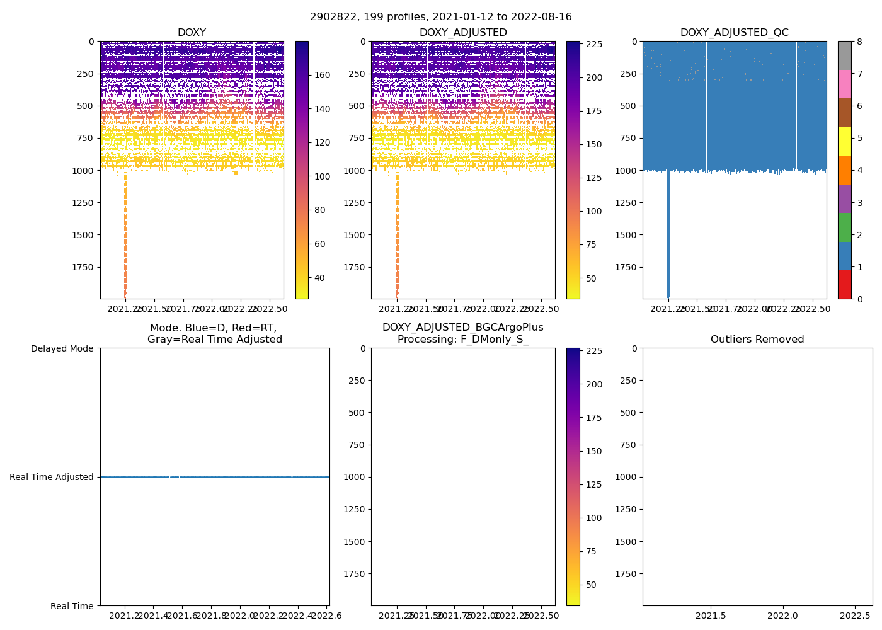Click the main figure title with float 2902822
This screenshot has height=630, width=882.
441,17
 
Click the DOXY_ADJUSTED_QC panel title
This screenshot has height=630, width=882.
734,33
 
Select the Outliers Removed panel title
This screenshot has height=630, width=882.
757,340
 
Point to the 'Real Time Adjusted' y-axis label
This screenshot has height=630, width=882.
52,477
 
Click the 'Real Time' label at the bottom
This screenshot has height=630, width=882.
72,606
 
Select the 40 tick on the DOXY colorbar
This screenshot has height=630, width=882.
319,278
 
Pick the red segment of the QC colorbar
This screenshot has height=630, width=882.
844,285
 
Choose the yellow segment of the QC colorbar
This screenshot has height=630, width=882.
844,141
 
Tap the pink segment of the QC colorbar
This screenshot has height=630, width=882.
844,84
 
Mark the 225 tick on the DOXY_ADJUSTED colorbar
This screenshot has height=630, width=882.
594,44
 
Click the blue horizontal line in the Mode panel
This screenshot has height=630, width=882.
214,477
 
